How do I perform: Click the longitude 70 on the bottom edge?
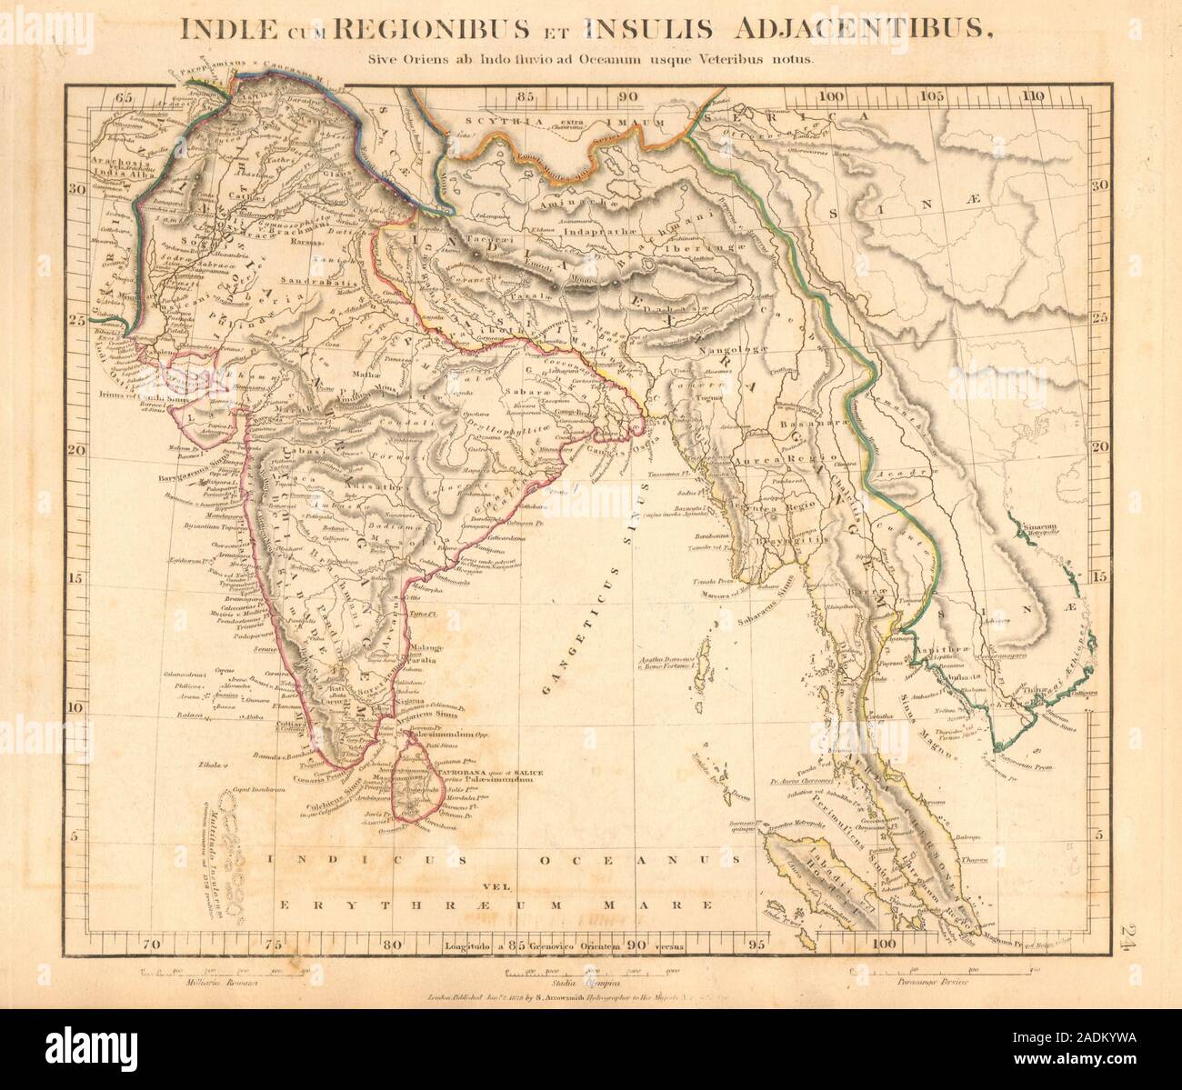pos(156,945)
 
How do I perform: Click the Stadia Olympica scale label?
pos(585,983)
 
